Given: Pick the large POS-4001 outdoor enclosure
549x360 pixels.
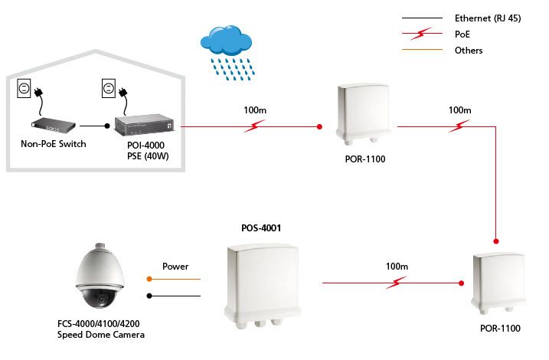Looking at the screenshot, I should tap(263, 282).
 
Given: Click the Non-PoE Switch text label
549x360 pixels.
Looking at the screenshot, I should tap(52, 143).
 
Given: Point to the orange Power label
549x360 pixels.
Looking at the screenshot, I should tap(175, 267).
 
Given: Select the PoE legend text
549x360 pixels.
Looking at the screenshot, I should tap(462, 34).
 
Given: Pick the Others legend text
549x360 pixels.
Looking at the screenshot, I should tap(469, 51).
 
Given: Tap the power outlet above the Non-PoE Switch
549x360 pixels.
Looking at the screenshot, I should tap(25, 90).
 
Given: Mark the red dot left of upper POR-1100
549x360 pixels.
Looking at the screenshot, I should tap(319, 126).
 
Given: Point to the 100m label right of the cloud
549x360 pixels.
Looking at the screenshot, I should tap(254, 111).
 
